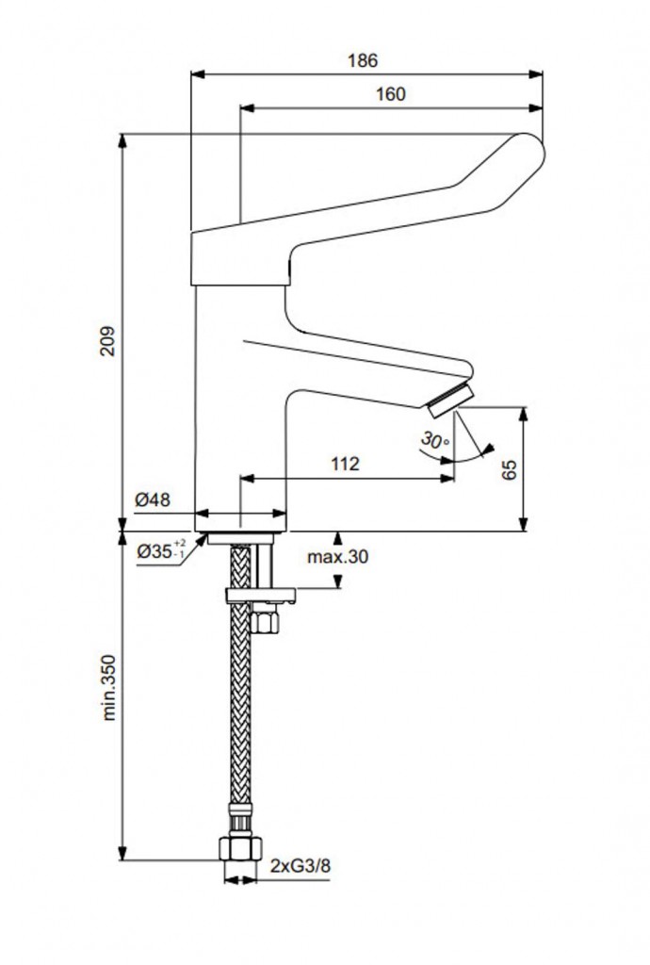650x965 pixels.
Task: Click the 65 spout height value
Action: coord(510,470)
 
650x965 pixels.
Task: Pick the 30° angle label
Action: coord(435,440)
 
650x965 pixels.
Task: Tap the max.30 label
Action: coord(337,556)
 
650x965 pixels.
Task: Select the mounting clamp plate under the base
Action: coord(260,595)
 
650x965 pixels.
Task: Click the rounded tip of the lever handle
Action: coord(528,151)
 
